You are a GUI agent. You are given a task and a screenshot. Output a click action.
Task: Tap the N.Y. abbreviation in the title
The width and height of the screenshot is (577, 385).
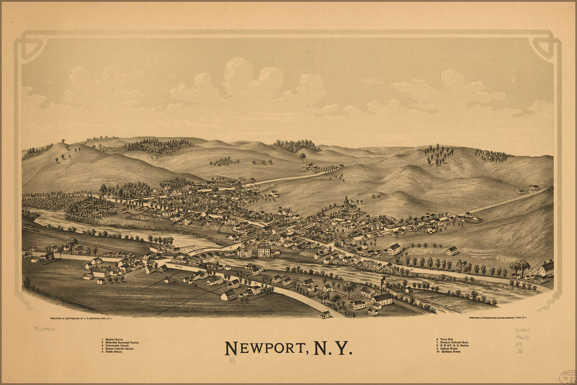point(332,348)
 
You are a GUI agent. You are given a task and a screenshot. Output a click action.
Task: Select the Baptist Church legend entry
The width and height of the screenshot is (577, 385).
point(113,339)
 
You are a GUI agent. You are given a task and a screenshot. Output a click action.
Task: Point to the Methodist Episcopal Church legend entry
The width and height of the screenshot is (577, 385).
point(122,343)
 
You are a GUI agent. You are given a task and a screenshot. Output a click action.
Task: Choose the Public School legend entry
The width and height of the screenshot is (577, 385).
point(113,352)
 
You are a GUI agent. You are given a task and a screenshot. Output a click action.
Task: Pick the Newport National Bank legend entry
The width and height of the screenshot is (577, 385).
point(454,343)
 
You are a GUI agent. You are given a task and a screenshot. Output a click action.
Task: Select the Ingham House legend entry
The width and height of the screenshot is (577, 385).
point(449,349)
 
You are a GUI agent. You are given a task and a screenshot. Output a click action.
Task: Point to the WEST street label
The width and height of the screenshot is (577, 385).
point(178,266)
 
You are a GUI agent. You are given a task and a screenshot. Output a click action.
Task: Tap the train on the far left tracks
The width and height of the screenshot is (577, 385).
point(30,226)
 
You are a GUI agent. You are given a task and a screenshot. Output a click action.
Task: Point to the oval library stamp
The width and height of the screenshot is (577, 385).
point(567,377)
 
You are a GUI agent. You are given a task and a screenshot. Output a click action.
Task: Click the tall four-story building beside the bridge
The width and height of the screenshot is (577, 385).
point(264,251)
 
